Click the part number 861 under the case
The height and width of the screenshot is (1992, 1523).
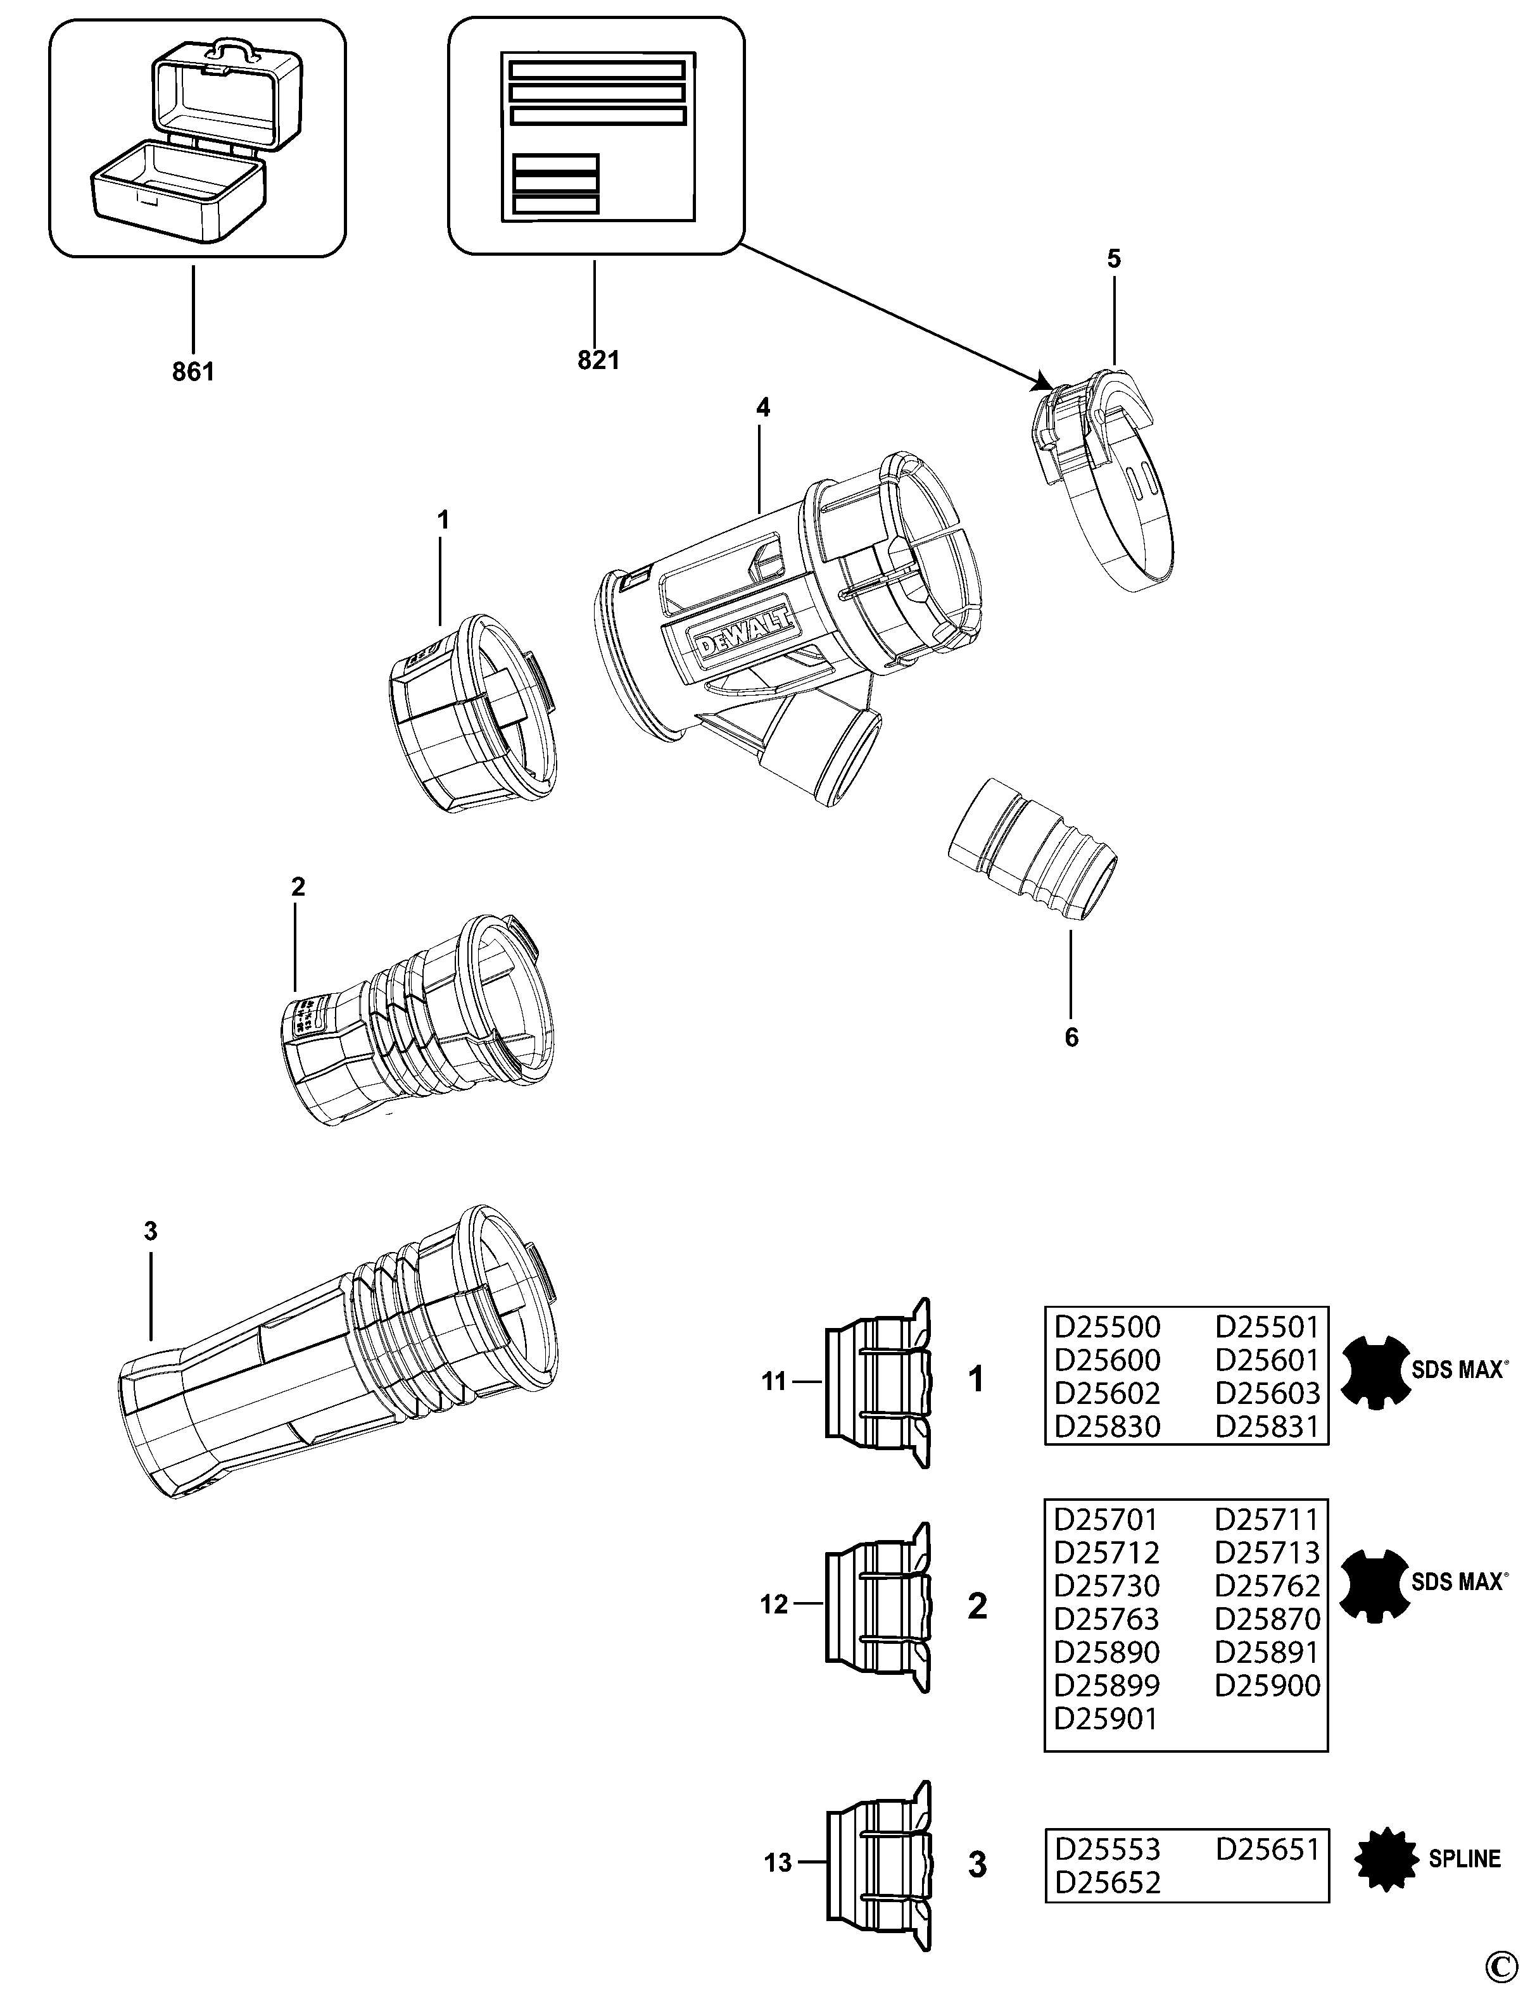click(193, 372)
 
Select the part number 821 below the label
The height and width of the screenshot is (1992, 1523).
click(598, 360)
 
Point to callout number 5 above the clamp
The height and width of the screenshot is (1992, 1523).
click(1113, 259)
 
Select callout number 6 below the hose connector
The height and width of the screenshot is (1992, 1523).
click(1071, 1037)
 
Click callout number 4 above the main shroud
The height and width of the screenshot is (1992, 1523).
click(762, 409)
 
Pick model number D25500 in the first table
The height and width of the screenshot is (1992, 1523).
click(1107, 1327)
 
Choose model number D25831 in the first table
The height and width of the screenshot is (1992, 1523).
click(1267, 1427)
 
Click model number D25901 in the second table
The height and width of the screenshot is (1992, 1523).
click(1105, 1719)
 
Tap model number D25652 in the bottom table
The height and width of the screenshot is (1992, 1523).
click(1107, 1883)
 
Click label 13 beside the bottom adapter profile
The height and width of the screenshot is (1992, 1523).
click(778, 1864)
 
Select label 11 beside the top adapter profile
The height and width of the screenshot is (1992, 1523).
click(773, 1382)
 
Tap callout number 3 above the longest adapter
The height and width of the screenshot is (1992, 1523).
click(151, 1232)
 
